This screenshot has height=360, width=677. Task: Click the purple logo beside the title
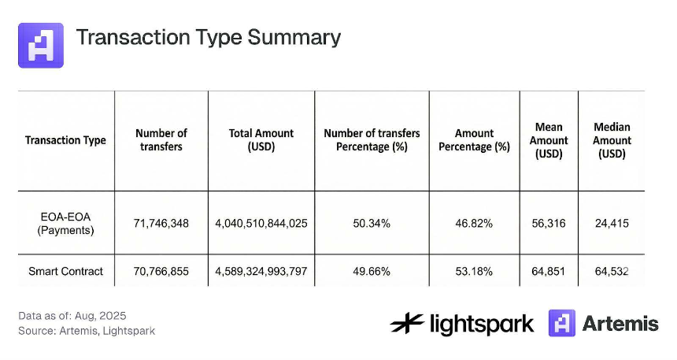40,45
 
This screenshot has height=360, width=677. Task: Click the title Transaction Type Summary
208,38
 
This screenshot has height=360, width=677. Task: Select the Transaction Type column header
65,140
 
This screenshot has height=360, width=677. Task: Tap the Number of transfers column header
161,140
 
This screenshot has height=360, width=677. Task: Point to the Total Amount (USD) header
261,140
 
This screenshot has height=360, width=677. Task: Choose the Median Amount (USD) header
612,140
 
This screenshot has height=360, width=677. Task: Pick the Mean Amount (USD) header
549,140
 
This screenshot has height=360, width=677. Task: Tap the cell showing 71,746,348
161,224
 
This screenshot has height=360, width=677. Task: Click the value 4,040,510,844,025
261,224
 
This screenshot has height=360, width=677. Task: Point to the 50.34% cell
372,224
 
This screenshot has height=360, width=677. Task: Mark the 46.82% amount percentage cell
474,224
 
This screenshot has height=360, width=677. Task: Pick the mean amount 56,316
549,224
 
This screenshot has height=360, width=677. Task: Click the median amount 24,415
612,224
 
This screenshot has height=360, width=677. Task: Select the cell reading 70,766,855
161,272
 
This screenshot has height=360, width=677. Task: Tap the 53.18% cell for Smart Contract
474,272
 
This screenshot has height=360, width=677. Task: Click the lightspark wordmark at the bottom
462,323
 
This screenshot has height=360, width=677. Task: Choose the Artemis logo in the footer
603,323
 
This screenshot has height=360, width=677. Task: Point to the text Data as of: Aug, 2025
72,316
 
